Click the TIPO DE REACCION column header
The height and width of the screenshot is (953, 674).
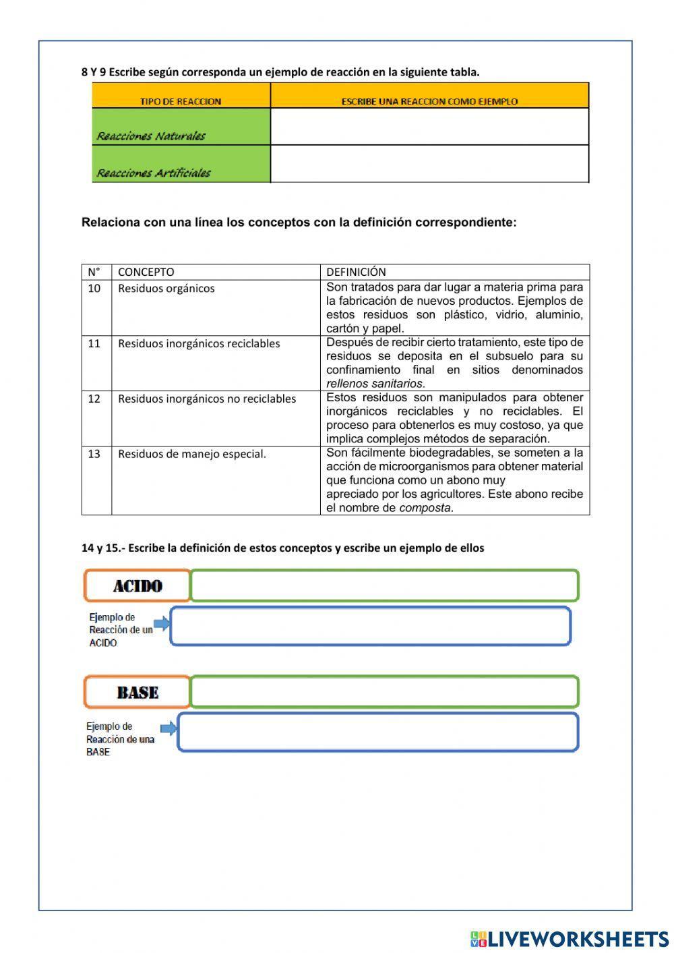[x=181, y=101]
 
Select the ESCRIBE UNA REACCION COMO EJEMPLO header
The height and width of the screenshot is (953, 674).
[x=429, y=101]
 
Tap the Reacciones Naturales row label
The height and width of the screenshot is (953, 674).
[x=151, y=136]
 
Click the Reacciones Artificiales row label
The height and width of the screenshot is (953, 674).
[x=154, y=173]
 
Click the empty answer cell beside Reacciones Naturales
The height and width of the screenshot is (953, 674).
[x=429, y=127]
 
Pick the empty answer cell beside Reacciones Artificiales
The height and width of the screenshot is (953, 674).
[x=429, y=164]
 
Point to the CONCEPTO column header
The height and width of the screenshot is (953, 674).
[x=146, y=272]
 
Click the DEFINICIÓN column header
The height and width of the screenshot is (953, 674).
[x=356, y=272]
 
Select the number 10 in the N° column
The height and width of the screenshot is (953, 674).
[x=94, y=289]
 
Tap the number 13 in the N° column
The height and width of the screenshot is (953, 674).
[x=94, y=454]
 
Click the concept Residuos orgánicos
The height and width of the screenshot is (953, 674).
[x=166, y=289]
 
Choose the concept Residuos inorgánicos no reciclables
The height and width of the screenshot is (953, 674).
[x=207, y=399]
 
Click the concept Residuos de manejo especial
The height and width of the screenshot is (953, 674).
[x=192, y=454]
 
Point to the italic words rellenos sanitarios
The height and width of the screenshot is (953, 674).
[x=375, y=384]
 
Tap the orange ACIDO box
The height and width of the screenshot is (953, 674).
[x=137, y=585]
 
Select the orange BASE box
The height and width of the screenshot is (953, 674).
[x=137, y=692]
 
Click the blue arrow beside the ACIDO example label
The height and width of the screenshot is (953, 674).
[x=162, y=623]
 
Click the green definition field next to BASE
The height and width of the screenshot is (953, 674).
[x=384, y=692]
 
